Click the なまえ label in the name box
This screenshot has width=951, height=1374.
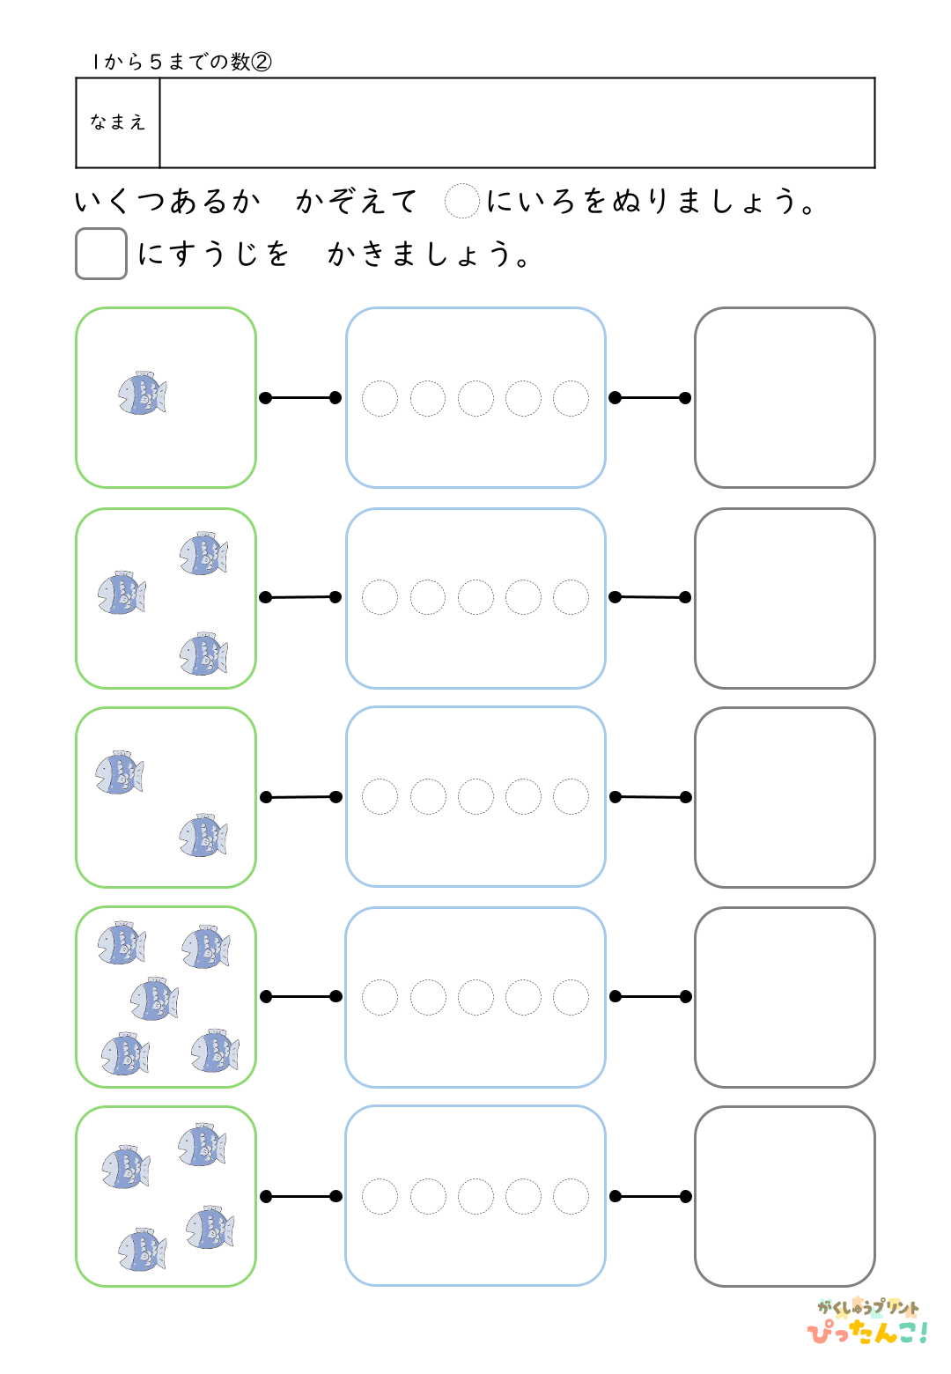click(117, 122)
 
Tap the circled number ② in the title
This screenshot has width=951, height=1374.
click(262, 62)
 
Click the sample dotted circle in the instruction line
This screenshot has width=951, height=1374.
click(461, 201)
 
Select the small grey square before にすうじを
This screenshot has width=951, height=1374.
click(101, 254)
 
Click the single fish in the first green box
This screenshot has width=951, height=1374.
click(143, 394)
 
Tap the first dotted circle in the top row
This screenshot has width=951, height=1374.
click(380, 398)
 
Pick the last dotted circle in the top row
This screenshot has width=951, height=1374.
click(571, 398)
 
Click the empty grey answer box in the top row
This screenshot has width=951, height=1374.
click(785, 397)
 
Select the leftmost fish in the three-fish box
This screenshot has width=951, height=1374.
click(122, 594)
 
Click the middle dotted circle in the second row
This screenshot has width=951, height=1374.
click(475, 597)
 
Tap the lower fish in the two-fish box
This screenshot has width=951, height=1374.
click(203, 836)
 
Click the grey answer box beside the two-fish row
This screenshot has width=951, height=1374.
click(785, 797)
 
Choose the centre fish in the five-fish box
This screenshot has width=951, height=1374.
click(154, 1000)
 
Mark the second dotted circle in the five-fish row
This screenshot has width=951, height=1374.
click(428, 997)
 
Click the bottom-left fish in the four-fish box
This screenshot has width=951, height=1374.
click(142, 1250)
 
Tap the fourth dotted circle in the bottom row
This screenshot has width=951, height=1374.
click(523, 1196)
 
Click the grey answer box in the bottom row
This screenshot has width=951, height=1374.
click(785, 1196)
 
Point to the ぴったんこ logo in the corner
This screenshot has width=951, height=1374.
click(867, 1323)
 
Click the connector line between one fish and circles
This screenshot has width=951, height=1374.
click(300, 398)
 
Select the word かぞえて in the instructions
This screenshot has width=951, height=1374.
click(356, 202)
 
